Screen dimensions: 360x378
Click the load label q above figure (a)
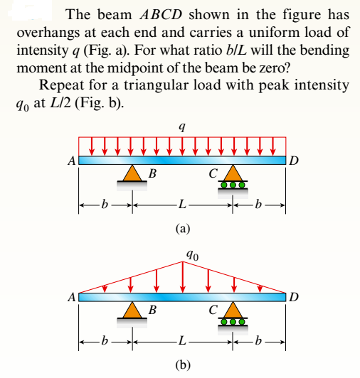click(x=184, y=126)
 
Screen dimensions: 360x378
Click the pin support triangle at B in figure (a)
click(x=132, y=174)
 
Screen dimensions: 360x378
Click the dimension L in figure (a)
click(x=183, y=206)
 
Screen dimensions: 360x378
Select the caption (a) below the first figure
click(x=183, y=229)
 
